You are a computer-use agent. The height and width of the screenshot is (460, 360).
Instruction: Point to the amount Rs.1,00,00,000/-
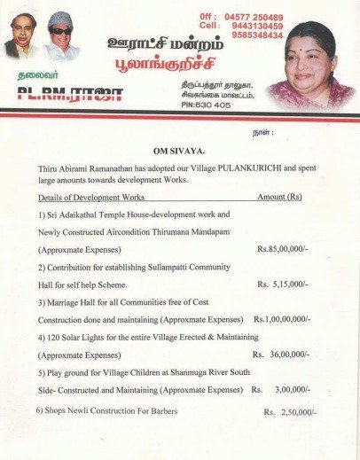(x=281, y=318)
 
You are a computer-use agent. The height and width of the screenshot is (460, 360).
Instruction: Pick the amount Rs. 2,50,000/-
(x=290, y=413)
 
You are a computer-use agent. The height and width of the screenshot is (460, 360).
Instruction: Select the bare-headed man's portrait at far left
(x=22, y=37)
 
